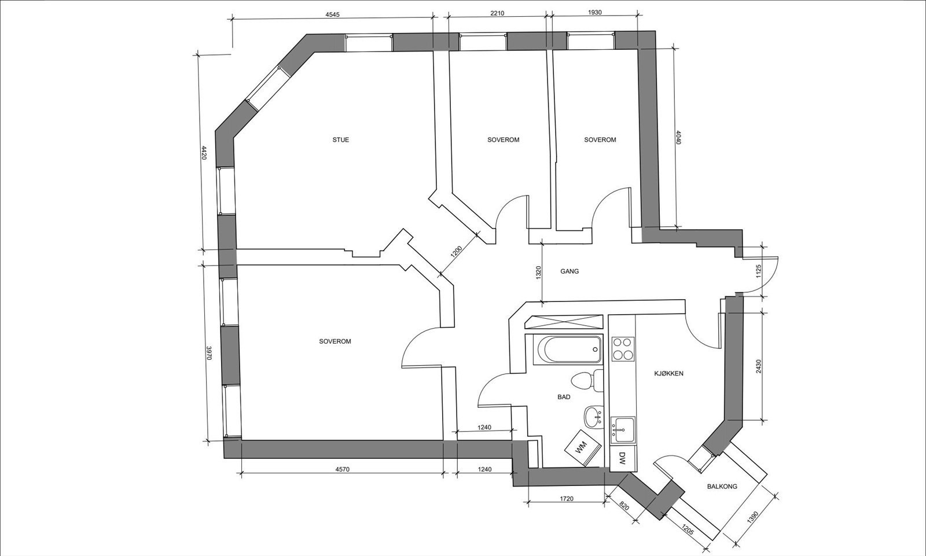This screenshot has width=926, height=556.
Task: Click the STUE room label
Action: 340,140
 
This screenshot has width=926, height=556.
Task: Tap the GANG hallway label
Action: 569,271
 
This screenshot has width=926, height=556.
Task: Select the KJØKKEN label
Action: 668,374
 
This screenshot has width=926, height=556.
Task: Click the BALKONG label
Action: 722,487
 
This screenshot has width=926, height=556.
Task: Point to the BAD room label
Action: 564,397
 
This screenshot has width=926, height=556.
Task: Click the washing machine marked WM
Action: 581,447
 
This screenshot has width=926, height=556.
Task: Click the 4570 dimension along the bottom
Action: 342,469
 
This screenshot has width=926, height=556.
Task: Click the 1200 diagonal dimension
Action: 457,252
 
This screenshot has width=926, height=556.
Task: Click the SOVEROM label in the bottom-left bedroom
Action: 335,342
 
